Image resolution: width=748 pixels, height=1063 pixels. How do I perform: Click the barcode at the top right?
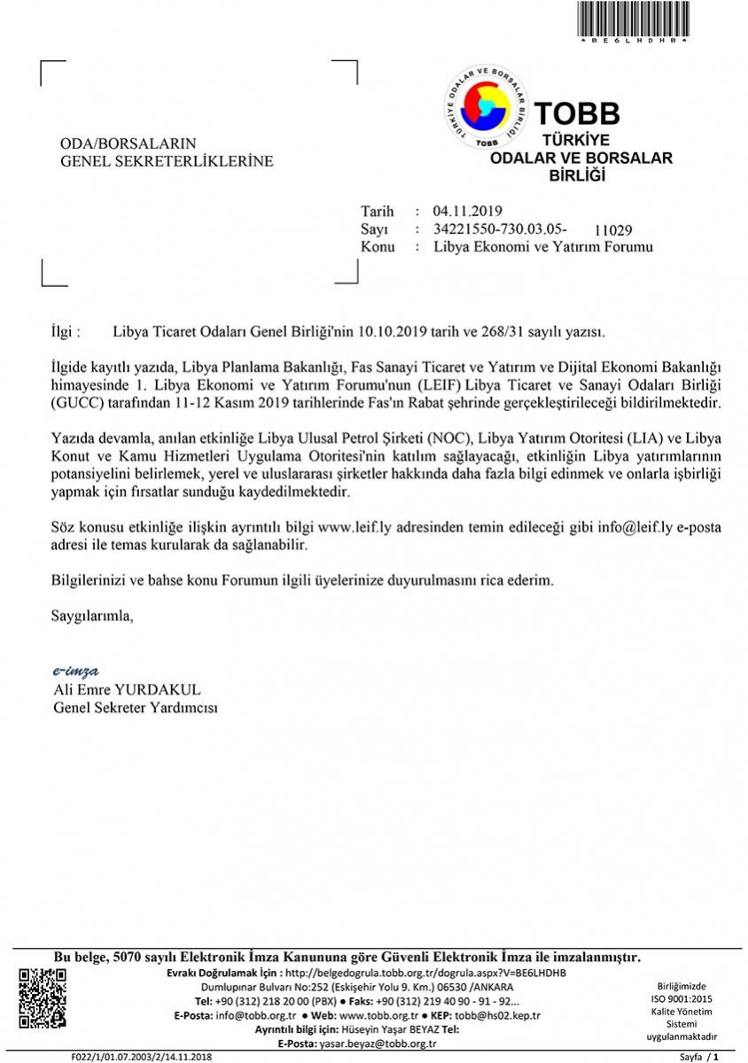pos(634,19)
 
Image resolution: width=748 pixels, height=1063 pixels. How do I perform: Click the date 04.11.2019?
pos(467,211)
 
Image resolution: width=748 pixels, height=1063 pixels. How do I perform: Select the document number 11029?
pos(613,230)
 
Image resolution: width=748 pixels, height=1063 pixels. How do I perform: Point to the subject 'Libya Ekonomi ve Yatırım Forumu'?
pos(543,247)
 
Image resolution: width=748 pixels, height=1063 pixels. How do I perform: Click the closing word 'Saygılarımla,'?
pos(92,615)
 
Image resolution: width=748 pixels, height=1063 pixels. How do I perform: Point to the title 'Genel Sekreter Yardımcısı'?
pos(136,708)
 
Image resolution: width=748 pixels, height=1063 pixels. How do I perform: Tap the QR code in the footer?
pos(43,999)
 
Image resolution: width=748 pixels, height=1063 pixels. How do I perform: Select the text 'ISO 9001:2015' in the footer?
pos(682,998)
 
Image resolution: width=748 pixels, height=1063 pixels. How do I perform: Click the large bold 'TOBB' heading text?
pos(576,113)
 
